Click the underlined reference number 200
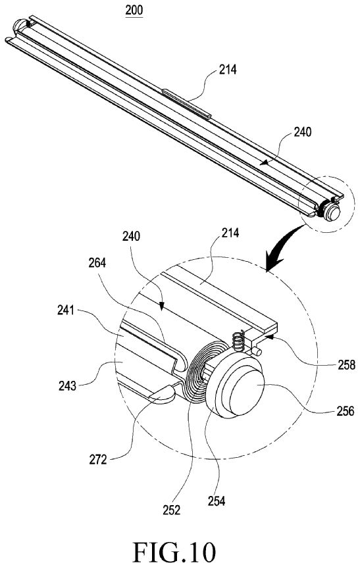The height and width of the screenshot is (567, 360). [134, 10]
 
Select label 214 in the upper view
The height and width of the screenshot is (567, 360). [228, 69]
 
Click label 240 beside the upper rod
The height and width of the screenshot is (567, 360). [302, 132]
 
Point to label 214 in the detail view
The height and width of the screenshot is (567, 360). [230, 232]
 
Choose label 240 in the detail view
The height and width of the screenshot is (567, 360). [130, 237]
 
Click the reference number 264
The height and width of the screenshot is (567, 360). [97, 262]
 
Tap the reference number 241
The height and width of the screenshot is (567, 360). [66, 310]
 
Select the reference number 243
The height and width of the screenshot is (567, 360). [68, 386]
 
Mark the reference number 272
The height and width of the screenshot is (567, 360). [98, 460]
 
